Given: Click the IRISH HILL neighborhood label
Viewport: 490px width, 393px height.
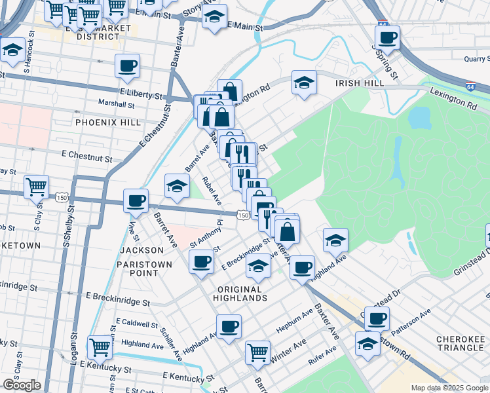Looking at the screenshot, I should [358, 84].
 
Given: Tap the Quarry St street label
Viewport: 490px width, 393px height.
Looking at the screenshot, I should [471, 58].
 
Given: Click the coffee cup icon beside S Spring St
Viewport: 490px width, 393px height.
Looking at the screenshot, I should [388, 38].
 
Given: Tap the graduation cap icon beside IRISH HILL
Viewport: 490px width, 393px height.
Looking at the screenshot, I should [303, 83].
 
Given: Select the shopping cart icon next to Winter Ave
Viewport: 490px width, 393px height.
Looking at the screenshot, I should [257, 352].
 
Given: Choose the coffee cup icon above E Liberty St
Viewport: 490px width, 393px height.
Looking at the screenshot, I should [127, 65].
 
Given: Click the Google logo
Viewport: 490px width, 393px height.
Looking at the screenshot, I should [22, 385].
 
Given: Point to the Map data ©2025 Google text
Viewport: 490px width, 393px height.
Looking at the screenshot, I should [449, 388].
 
